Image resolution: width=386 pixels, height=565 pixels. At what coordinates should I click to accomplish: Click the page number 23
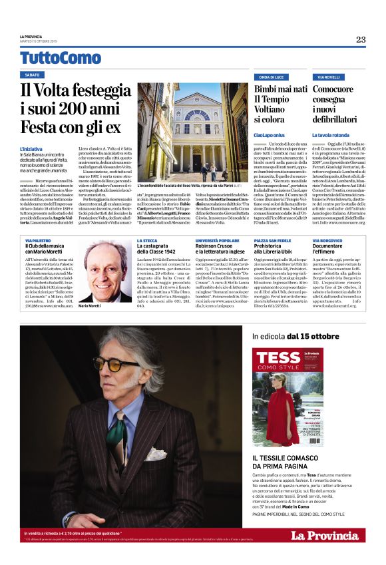click(x=360, y=39)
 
